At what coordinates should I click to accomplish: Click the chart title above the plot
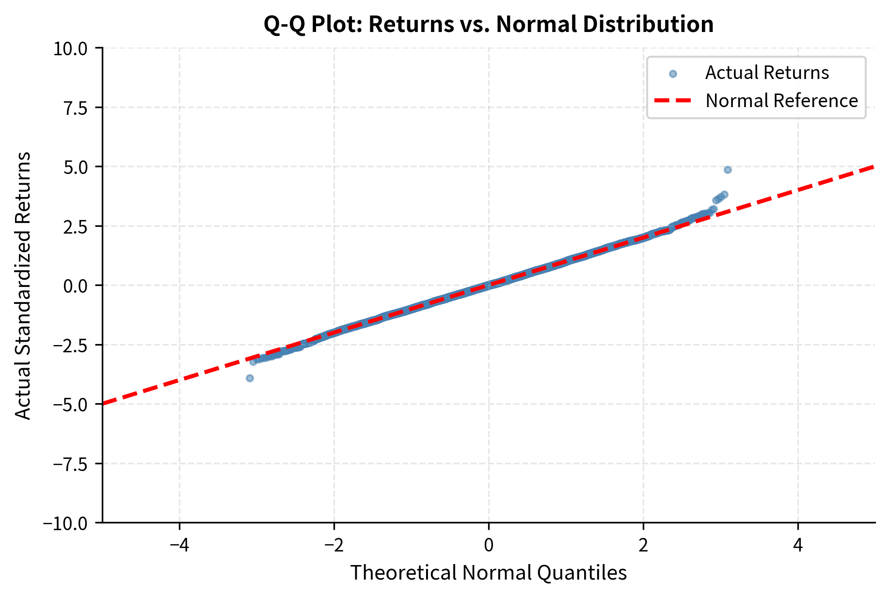click(489, 24)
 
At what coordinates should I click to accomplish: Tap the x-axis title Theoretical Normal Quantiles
click(489, 573)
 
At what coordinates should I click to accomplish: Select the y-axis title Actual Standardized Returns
click(23, 285)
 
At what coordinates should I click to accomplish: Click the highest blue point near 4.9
click(728, 170)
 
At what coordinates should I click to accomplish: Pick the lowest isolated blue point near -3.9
click(250, 378)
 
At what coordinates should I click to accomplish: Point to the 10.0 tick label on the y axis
click(70, 48)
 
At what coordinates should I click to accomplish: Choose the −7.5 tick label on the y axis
click(70, 464)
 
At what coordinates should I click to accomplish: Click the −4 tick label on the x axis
click(179, 546)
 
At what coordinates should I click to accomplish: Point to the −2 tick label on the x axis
click(334, 546)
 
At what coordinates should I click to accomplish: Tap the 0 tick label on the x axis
click(489, 546)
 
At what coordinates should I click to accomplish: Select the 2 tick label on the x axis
click(643, 546)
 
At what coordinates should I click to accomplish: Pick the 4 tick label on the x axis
click(798, 546)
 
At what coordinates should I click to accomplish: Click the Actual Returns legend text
click(767, 73)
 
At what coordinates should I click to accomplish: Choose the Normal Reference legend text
click(781, 101)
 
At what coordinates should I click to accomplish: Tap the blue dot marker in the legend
click(673, 74)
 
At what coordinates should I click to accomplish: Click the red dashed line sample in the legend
click(673, 101)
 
